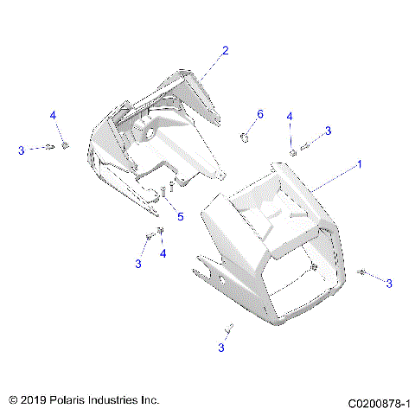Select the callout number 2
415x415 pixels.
point(225,51)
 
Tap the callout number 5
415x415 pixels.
point(180,216)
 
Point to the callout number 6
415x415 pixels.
point(259,114)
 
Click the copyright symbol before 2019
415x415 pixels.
point(12,401)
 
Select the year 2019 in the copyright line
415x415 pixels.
point(33,401)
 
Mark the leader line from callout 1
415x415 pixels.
point(333,178)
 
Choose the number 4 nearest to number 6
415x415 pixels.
point(290,116)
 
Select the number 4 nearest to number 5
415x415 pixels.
point(163,253)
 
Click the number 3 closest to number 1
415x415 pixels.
point(328,131)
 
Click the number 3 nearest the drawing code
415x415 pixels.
point(388,283)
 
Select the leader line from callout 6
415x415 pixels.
point(253,125)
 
